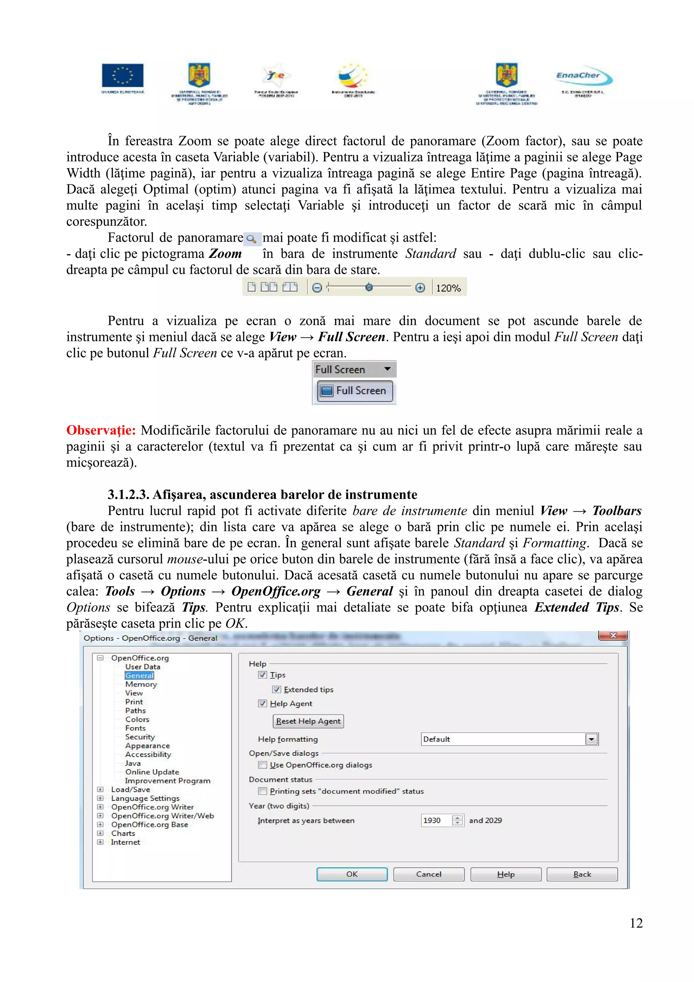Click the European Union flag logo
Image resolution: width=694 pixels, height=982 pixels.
pos(122,75)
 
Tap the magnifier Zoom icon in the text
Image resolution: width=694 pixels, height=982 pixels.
pos(252,239)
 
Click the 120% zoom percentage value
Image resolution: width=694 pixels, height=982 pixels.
pos(448,288)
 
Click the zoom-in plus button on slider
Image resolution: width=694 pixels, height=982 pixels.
pos(420,288)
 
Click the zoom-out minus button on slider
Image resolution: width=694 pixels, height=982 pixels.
pos(317,288)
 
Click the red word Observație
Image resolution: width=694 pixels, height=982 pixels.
pos(101,430)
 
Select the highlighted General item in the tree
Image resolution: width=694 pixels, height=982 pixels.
pos(139,675)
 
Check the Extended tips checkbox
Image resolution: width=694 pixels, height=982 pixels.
pos(277,690)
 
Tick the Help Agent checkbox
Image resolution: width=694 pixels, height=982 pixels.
pos(263,703)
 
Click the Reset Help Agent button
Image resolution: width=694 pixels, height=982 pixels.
pos(308,721)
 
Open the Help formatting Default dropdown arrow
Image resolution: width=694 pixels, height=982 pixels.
pos(591,739)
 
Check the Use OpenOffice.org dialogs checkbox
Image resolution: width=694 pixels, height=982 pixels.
pos(263,765)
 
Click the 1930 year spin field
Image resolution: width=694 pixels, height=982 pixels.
pos(436,820)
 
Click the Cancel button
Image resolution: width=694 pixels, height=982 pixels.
pos(428,874)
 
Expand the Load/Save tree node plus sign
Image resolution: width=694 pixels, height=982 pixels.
pos(100,790)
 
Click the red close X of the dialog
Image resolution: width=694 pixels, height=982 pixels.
pos(612,636)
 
